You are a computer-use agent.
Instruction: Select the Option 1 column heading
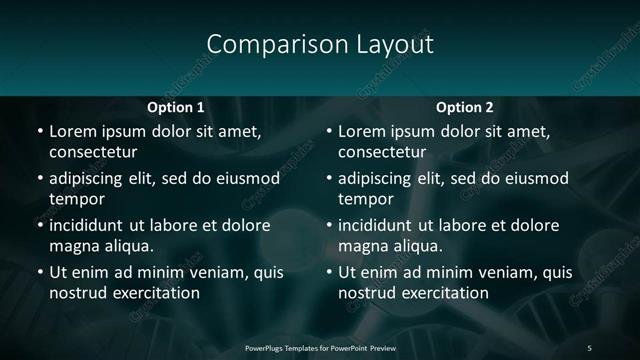tap(176, 107)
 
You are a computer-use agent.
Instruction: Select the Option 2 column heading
tap(465, 107)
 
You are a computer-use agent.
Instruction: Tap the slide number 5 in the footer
tap(590, 347)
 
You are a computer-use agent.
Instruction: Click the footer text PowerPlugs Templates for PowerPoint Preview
tap(320, 347)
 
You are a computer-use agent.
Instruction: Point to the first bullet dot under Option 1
tap(40, 132)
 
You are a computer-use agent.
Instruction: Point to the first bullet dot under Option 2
tap(329, 132)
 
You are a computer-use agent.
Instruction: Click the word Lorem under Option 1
tap(73, 131)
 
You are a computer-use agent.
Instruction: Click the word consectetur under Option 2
tap(382, 153)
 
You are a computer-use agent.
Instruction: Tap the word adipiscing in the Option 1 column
tap(88, 179)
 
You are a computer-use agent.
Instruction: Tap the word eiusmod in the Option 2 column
tap(533, 179)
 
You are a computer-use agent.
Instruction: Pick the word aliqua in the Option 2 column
tap(415, 246)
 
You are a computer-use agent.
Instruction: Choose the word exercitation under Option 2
tap(445, 293)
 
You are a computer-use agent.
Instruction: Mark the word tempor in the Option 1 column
tap(77, 200)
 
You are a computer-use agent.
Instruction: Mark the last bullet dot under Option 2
tap(329, 273)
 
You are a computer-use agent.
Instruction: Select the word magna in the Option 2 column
tap(362, 247)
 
